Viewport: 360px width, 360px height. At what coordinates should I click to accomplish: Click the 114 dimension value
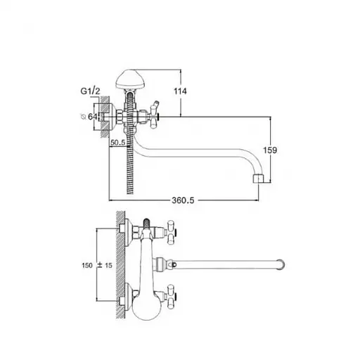click(x=180, y=91)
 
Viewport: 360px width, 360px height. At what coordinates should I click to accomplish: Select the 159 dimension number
click(x=270, y=150)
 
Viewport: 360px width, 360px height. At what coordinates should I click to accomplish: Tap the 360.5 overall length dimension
click(x=183, y=200)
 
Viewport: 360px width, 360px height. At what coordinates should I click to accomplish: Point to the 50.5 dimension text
click(x=118, y=142)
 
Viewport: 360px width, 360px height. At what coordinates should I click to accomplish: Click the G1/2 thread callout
click(x=90, y=91)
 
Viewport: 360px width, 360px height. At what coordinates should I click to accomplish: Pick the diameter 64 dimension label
click(x=89, y=116)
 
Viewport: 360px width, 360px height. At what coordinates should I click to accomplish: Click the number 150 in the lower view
click(x=87, y=266)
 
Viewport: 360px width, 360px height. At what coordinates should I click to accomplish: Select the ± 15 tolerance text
click(x=105, y=265)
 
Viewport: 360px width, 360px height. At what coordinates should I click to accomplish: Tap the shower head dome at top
click(x=130, y=79)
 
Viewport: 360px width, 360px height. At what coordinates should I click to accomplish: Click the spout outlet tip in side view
click(x=259, y=179)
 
